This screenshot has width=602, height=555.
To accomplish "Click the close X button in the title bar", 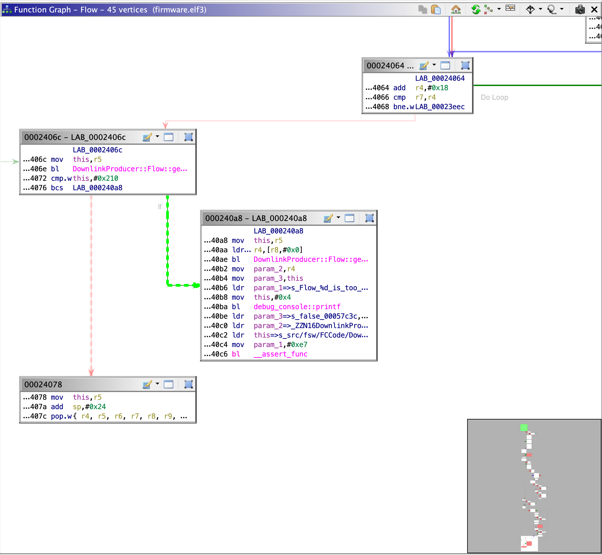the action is [594, 9].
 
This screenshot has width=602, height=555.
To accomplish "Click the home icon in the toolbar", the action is [456, 9].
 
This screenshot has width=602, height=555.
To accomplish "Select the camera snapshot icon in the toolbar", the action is [580, 9].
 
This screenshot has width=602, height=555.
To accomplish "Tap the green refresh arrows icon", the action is [475, 9].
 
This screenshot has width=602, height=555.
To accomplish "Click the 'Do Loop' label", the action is [494, 97].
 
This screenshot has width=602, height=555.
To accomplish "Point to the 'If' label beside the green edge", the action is [160, 206].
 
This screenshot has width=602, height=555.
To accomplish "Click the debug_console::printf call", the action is [297, 306].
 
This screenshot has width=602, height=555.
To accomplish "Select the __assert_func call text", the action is [280, 354].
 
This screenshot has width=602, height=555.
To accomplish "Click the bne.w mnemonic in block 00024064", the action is [403, 107].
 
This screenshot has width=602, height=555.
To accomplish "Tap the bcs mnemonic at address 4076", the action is [57, 188].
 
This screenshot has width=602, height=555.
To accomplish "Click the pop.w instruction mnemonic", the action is [61, 416].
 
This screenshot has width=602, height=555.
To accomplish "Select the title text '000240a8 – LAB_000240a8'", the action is [256, 218].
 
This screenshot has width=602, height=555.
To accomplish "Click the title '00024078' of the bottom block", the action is [43, 384].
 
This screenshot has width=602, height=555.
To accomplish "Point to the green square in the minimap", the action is [524, 427].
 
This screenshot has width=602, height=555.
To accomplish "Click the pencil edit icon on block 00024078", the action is [147, 384].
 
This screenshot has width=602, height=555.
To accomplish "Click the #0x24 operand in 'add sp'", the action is [96, 407].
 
